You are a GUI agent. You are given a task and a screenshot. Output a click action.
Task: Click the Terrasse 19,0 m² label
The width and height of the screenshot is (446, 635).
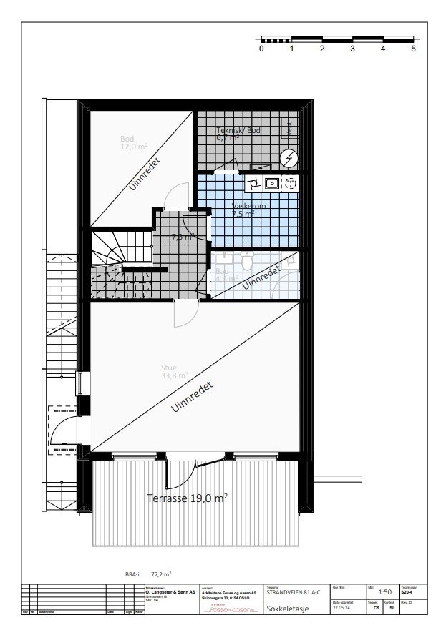tap(187, 498)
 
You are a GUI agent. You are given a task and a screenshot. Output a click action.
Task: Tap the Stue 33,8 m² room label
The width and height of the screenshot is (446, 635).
tap(174, 372)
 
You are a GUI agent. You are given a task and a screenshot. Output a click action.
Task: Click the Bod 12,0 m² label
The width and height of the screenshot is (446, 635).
tap(132, 143)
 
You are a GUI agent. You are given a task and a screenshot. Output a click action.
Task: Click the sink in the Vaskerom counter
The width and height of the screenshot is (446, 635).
tap(271, 183)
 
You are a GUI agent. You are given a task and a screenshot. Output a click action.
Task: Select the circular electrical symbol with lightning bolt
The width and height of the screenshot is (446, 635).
tap(289, 157)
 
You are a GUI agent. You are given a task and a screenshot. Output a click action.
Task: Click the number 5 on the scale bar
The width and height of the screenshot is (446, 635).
tap(413, 49)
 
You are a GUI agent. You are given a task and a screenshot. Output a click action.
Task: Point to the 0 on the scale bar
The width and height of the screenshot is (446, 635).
tap(261, 49)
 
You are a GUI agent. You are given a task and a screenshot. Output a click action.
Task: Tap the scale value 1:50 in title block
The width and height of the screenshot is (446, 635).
tap(384, 592)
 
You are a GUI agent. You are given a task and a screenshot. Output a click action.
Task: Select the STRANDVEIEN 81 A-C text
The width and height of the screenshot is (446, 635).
tap(294, 592)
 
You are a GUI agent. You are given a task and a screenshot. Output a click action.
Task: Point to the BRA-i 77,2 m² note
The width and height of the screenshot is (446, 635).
tap(147, 573)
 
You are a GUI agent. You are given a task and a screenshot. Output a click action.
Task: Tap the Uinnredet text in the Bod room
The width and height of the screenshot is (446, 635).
tap(145, 174)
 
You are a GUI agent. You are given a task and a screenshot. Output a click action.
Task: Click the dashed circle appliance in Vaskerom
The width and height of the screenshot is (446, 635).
tap(290, 183)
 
